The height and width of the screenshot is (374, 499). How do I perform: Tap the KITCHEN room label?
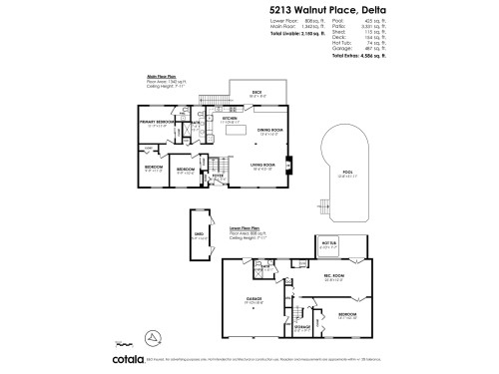(x=230, y=119)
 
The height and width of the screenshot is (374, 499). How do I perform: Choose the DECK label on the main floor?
(x=255, y=94)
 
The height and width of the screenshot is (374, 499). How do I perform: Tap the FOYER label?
(x=216, y=175)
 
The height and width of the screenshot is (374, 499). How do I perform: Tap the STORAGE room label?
(x=301, y=325)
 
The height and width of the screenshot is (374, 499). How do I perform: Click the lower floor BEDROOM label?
(x=347, y=316)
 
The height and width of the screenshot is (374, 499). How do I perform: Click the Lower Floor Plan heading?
(x=246, y=226)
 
